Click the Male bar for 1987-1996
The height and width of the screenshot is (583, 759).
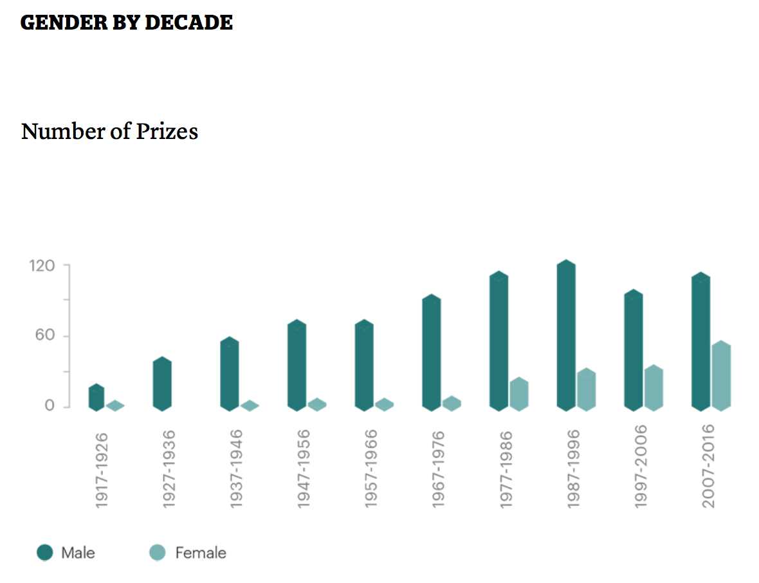pos(566,335)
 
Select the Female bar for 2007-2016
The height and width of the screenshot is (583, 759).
pos(721,376)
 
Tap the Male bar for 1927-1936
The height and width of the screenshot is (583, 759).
pos(162,384)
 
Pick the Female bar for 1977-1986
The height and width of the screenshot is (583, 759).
pos(519,394)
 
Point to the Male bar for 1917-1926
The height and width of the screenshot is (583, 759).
pos(96,397)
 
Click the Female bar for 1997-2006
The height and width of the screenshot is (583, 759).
pos(654,388)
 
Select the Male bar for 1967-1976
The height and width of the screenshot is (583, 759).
pos(432,353)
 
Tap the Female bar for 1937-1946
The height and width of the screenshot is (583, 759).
pos(250,405)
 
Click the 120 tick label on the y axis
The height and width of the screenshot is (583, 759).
pos(41,265)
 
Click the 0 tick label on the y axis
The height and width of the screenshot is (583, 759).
pos(49,406)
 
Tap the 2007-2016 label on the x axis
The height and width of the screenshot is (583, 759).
pos(708,466)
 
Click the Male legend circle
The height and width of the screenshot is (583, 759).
pos(45,552)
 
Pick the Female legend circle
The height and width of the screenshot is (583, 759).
pos(158,552)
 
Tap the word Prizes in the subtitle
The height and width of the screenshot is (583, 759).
pos(167,131)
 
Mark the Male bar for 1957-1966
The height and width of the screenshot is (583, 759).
pos(364,365)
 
